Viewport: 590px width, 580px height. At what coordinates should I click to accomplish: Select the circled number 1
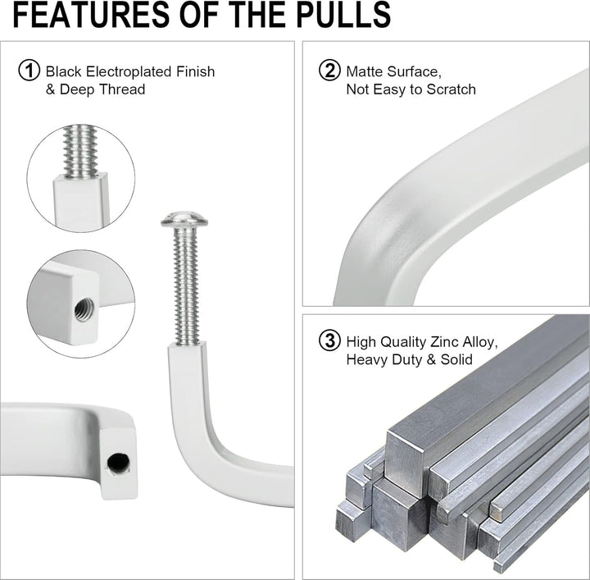(29, 71)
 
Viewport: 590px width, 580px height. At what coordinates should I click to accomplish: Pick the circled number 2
(329, 71)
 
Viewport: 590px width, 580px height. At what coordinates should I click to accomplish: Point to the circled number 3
(329, 340)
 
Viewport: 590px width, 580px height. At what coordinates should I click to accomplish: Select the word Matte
(365, 71)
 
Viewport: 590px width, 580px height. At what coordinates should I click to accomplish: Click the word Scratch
(451, 89)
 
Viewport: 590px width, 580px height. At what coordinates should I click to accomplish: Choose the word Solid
(456, 359)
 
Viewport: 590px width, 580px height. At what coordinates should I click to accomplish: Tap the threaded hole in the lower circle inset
(84, 309)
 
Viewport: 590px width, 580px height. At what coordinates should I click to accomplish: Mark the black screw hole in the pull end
(119, 462)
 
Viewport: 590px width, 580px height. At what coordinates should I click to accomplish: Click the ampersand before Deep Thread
(51, 89)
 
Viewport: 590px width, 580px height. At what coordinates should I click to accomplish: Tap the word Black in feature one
(64, 71)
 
